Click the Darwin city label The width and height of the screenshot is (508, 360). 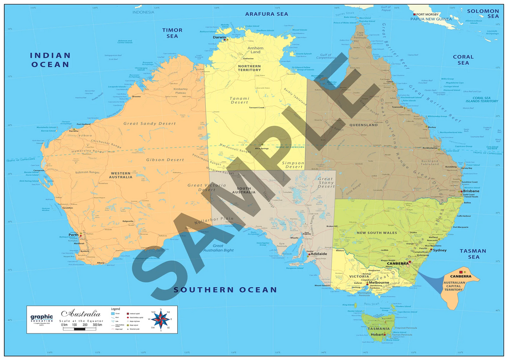[219, 37]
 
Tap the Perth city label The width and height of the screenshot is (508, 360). [73, 234]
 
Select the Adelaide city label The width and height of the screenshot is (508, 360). [318, 253]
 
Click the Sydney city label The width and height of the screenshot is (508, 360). [440, 250]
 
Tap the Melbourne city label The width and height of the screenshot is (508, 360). [379, 283]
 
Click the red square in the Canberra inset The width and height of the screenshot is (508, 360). [460, 273]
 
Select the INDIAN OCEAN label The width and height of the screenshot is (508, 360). [50, 59]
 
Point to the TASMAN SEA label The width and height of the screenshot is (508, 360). [473, 254]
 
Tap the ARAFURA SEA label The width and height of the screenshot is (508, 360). [266, 14]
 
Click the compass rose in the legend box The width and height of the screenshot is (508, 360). [161, 319]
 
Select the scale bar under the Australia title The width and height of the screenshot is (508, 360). [81, 329]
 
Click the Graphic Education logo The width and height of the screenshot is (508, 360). [42, 319]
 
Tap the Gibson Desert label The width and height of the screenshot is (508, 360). [165, 160]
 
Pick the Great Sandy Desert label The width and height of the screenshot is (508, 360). [150, 124]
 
